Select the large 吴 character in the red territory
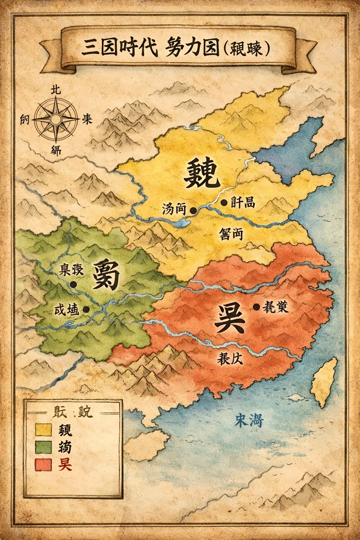point(229,318)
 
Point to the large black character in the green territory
point(106,274)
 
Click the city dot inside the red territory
point(256,307)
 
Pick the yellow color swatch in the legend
point(43,430)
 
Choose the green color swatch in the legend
point(43,448)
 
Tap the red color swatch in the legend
point(43,465)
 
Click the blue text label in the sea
point(249,420)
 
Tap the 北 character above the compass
point(56,90)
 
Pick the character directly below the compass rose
point(56,150)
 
